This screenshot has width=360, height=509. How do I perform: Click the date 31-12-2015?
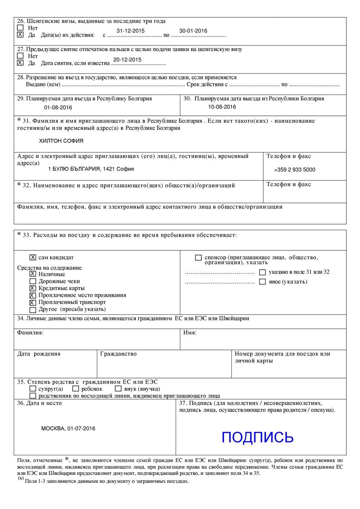tap(130, 31)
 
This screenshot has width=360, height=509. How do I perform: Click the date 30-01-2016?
tap(193, 31)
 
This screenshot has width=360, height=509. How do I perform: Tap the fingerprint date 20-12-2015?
tap(127, 60)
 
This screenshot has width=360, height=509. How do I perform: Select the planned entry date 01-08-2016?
tap(58, 108)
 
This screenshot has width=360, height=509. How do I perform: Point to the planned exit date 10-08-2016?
tap(222, 107)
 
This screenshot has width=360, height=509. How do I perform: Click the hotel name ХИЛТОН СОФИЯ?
tap(61, 141)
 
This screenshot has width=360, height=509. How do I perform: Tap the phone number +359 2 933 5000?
tap(294, 170)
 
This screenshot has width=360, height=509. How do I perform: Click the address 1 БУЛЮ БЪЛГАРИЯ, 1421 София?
tap(91, 169)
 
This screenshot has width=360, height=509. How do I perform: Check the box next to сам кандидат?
tap(33, 258)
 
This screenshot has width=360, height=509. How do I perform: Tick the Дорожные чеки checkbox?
tap(33, 281)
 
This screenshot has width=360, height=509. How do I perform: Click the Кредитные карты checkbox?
tap(33, 288)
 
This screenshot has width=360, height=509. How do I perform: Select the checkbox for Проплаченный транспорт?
tap(33, 303)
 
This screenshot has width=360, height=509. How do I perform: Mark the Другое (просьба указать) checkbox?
tap(33, 310)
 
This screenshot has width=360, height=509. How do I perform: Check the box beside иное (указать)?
tap(262, 282)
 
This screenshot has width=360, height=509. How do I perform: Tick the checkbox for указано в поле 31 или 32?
tap(262, 272)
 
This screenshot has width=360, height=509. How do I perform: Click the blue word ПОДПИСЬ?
tap(257, 437)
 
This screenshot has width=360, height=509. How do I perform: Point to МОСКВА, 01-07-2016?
tap(68, 428)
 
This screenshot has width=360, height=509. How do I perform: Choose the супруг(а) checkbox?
tap(33, 389)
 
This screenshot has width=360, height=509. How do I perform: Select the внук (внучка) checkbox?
tap(118, 389)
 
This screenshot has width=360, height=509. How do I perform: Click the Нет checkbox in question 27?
tap(21, 56)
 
